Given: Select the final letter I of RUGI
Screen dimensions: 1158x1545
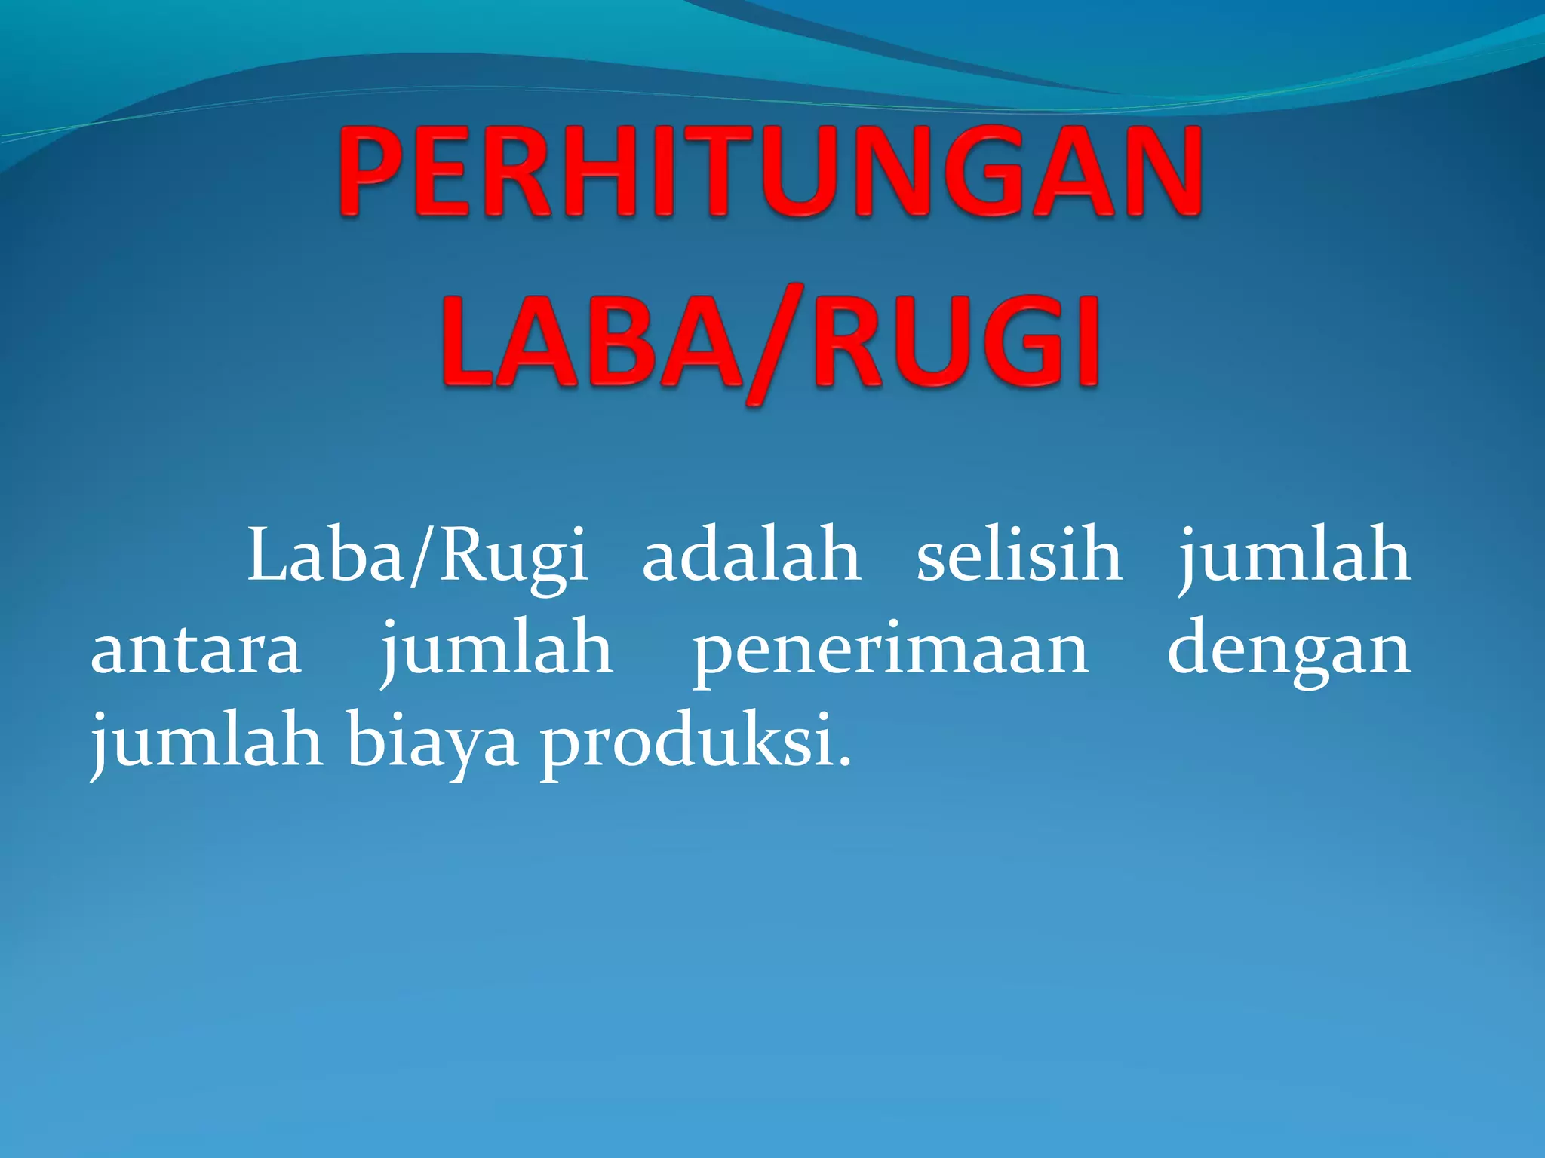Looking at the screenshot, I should click(1085, 343).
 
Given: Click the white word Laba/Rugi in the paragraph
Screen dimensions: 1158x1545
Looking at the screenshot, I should click(417, 556).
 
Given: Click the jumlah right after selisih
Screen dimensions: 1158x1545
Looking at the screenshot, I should click(1295, 556).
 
